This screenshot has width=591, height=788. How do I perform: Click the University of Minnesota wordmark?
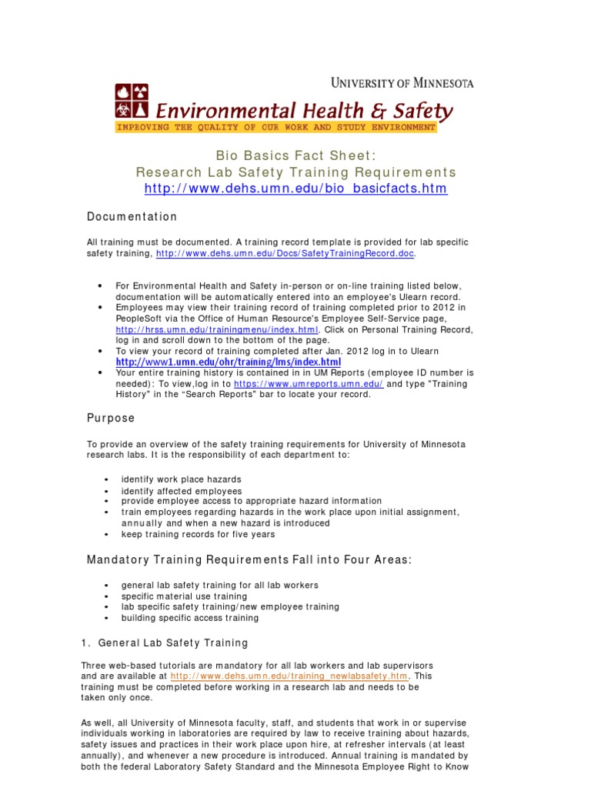402,82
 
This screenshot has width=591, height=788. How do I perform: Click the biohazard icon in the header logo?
123,92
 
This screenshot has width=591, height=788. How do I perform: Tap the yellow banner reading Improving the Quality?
275,127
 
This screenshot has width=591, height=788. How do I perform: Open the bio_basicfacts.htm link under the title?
295,189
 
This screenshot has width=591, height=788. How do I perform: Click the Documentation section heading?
132,217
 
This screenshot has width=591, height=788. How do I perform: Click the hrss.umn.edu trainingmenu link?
196,329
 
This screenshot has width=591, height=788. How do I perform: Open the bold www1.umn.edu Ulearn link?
228,362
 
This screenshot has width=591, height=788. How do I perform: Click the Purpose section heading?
110,419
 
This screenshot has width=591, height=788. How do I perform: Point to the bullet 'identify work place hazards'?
181,479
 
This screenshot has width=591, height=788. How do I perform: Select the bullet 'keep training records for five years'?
198,534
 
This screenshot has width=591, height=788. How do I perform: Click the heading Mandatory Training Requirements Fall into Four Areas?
249,560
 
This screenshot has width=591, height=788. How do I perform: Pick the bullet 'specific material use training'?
184,596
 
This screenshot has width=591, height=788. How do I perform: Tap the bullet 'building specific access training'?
190,618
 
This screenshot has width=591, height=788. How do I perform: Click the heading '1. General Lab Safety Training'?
165,643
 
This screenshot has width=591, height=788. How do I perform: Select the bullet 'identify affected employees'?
181,491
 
